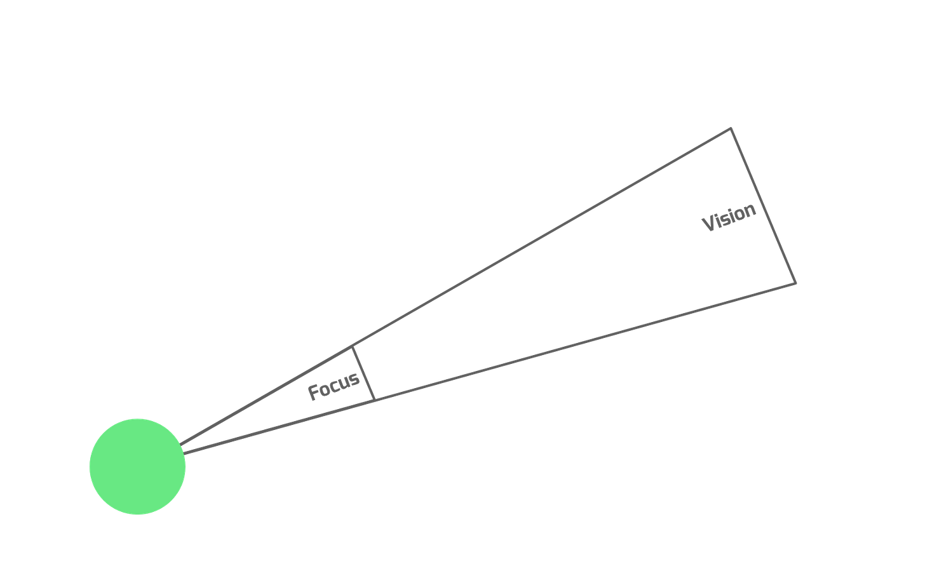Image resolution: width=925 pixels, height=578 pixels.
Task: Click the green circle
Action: pos(137,466)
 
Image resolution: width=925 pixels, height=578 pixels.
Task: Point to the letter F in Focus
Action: pos(313,393)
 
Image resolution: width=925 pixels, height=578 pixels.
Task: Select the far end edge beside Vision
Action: pos(763,205)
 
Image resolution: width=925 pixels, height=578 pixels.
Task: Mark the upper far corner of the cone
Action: pos(730,128)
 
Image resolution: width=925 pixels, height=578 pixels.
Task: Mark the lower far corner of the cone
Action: pos(795,283)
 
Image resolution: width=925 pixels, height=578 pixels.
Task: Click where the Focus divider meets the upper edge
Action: pos(353,346)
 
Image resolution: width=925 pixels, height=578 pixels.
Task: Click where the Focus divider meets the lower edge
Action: pos(376,400)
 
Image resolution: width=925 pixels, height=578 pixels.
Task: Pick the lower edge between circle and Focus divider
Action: pos(280,427)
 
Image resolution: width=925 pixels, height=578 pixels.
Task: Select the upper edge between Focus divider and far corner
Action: pos(540,238)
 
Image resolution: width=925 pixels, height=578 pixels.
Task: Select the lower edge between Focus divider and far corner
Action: pos(584,342)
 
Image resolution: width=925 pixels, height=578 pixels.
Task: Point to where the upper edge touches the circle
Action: pos(181,443)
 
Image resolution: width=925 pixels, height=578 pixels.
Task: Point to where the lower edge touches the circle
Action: pos(186,454)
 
